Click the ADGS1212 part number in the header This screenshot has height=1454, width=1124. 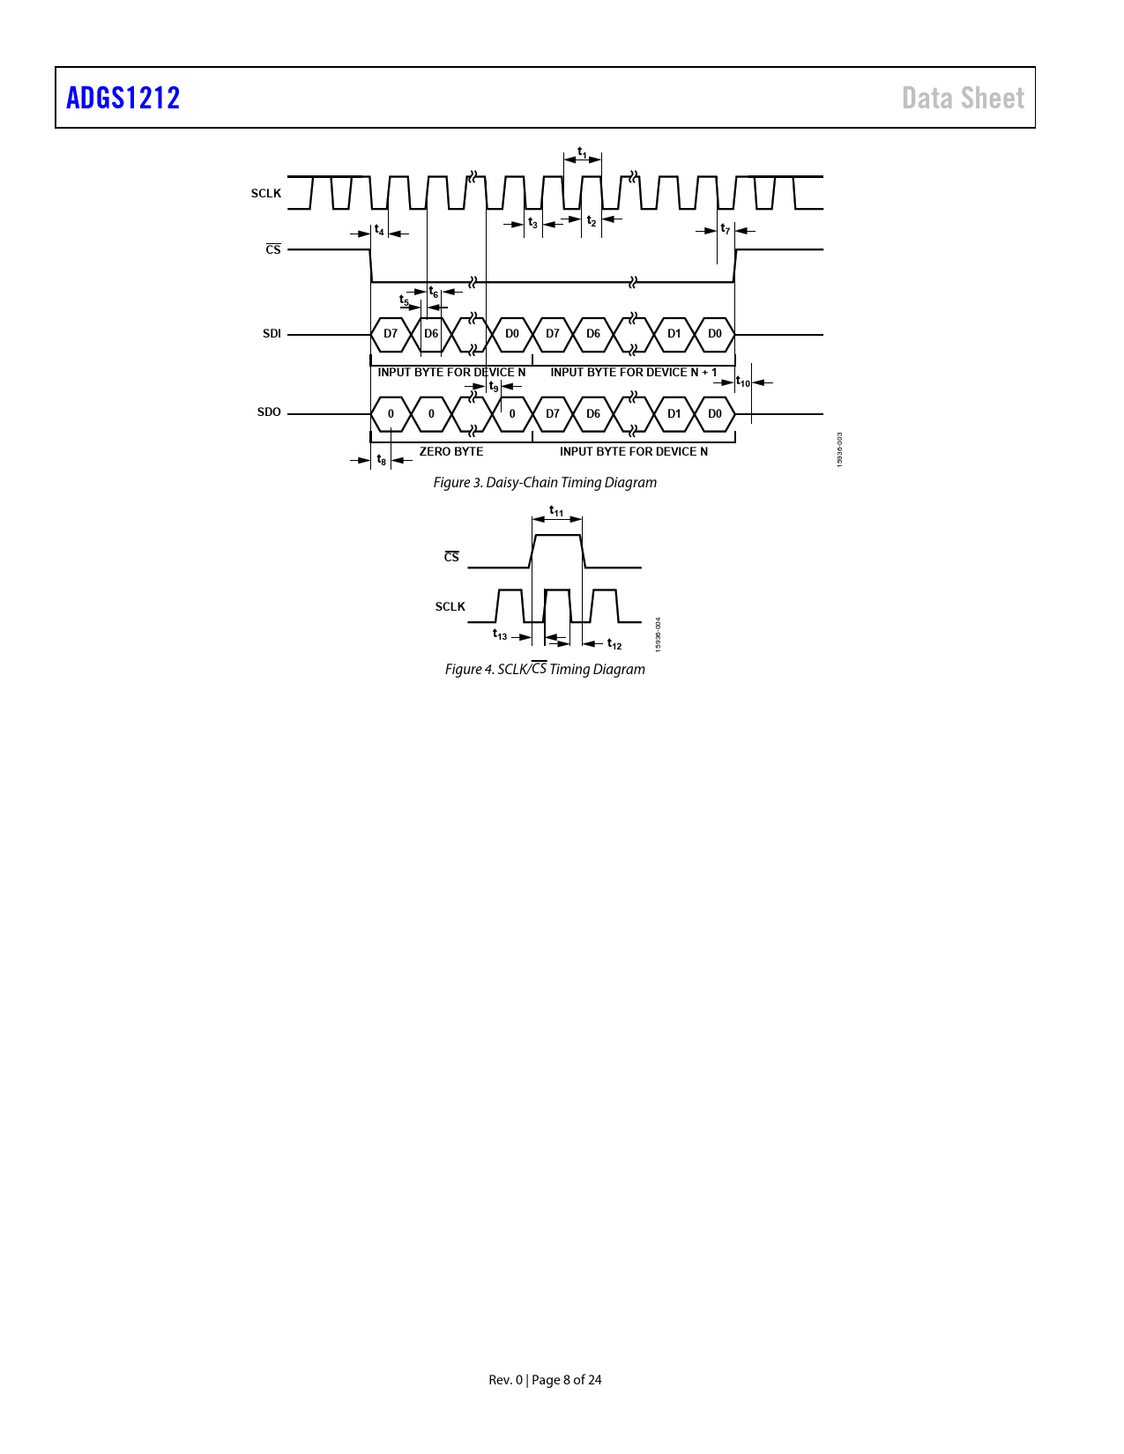point(123,98)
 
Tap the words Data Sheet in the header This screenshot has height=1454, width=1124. point(963,99)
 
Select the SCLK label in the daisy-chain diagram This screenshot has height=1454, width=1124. point(265,193)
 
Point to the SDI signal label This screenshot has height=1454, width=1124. point(272,334)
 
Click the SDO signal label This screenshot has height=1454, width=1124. point(269,412)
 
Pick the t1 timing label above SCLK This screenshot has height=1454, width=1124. point(583,152)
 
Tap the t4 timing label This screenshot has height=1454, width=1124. point(379,230)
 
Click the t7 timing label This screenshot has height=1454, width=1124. point(725,229)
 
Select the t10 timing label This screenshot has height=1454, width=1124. point(743,382)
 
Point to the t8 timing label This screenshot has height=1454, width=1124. point(381,460)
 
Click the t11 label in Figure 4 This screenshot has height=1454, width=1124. point(556,511)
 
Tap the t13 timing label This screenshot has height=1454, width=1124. point(500,634)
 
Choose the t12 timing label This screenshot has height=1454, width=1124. point(614,644)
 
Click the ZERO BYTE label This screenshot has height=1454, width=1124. point(451,452)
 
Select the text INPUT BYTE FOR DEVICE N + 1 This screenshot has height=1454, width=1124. point(633,372)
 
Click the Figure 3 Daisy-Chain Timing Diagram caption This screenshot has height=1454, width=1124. point(545,482)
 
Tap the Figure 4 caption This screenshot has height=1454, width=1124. point(545,669)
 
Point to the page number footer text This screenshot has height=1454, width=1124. point(545,1380)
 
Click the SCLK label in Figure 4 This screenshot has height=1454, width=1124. point(450,607)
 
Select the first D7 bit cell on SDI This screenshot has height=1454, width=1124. point(391,334)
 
